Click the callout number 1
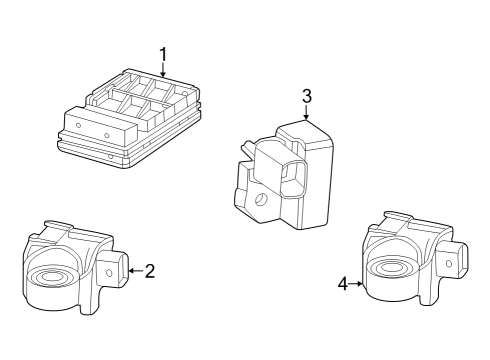pos(163,55)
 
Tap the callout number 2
pos(150,271)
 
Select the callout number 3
pos(307,96)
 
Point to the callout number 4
pos(343,284)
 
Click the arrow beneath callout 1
pos(163,70)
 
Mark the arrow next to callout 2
pos(136,271)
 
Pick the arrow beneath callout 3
pos(306,112)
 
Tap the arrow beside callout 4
pos(356,284)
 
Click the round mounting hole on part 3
pos(261,199)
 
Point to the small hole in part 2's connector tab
pos(109,273)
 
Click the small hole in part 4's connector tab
pos(449,264)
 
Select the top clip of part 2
pos(57,225)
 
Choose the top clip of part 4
pos(398,216)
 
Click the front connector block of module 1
pos(100,128)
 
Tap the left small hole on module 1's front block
pos(78,126)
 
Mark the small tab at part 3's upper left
pos(247,147)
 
